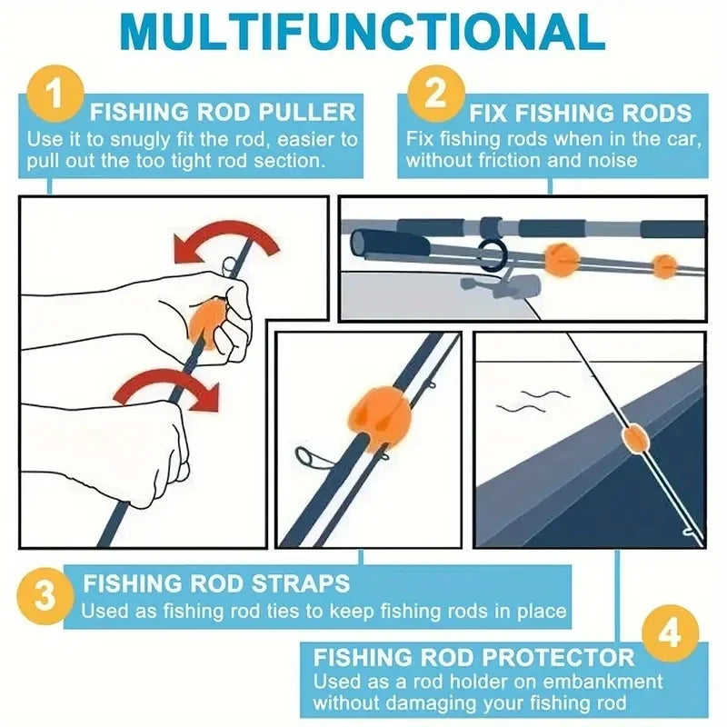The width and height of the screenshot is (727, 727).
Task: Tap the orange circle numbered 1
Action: [x=55, y=95]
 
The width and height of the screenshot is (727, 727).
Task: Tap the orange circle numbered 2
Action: [x=437, y=95]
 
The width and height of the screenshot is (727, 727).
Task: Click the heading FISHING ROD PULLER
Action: [x=223, y=113]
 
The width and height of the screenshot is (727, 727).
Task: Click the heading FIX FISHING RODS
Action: [x=581, y=114]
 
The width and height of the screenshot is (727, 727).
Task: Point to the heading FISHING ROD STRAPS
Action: [x=216, y=582]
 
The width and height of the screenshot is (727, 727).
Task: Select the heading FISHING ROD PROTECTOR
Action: [x=473, y=657]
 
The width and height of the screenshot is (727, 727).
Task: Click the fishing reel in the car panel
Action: [x=495, y=285]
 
